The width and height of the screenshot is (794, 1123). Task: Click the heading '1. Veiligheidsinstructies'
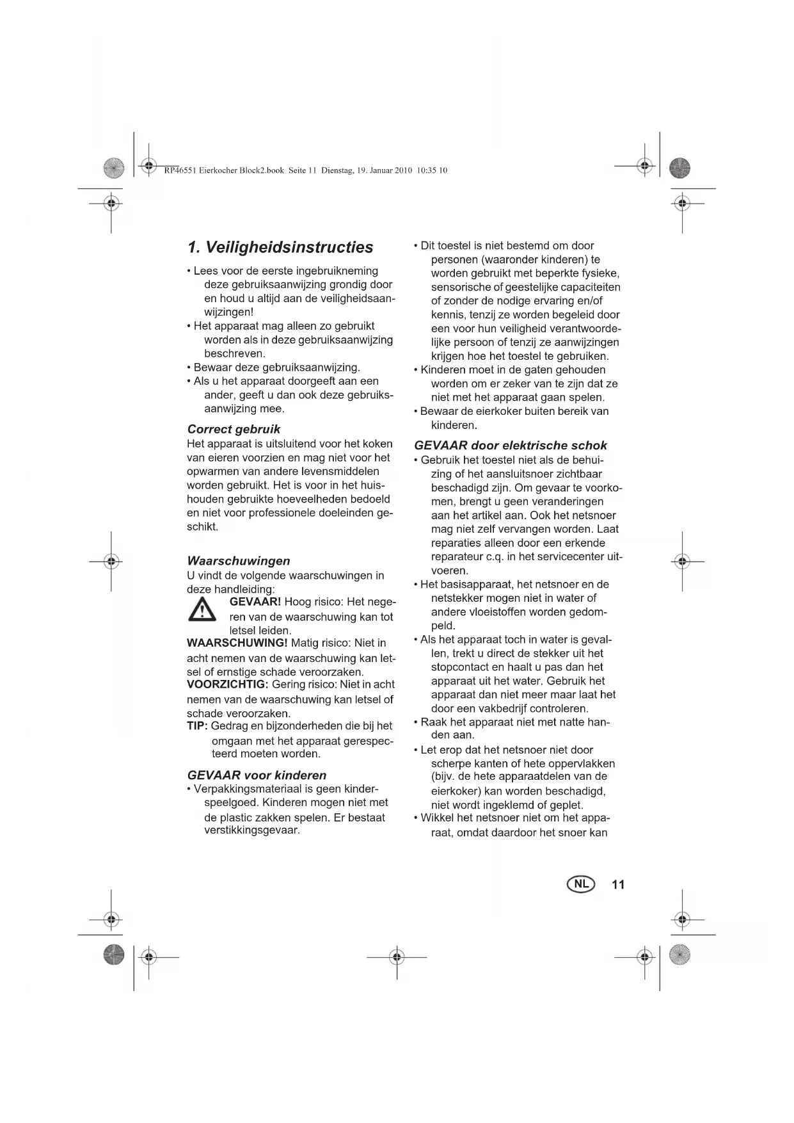pos(280,248)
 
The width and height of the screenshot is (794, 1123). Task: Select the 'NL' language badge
pos(580,884)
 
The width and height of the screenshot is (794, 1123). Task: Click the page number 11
pos(617,885)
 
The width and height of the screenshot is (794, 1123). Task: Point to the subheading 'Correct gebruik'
pos(234,429)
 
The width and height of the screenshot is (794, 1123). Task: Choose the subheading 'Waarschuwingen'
pos(239,561)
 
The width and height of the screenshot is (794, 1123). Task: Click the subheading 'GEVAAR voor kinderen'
pos(257,775)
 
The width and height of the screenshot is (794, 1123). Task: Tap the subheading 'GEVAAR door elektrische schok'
pos(510,446)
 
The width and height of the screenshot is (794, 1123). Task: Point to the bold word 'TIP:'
pos(197,725)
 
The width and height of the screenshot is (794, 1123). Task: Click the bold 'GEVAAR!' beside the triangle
pos(255,602)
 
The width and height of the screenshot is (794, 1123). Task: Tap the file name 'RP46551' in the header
pos(180,170)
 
